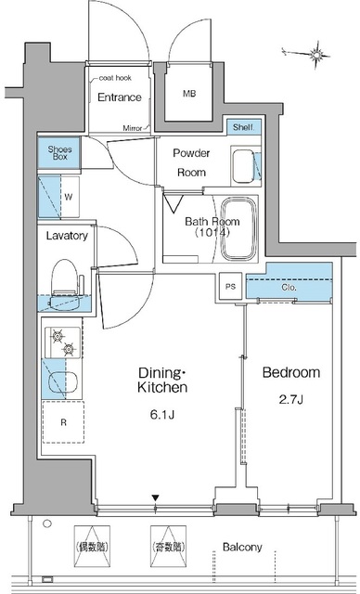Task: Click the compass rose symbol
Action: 315,56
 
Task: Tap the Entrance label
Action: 120,97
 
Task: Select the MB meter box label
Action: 189,94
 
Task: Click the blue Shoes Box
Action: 59,152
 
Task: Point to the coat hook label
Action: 115,78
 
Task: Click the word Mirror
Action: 133,128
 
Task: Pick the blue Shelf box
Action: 244,127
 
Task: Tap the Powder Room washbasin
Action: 243,166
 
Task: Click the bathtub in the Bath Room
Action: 238,229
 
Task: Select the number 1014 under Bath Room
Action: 212,233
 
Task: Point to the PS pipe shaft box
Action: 230,287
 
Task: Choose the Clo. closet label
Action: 289,288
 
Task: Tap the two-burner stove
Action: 63,342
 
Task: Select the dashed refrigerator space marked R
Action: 63,422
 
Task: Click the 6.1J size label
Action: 162,415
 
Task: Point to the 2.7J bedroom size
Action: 289,400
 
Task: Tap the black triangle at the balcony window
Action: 155,497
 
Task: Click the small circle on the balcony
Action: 47,523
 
